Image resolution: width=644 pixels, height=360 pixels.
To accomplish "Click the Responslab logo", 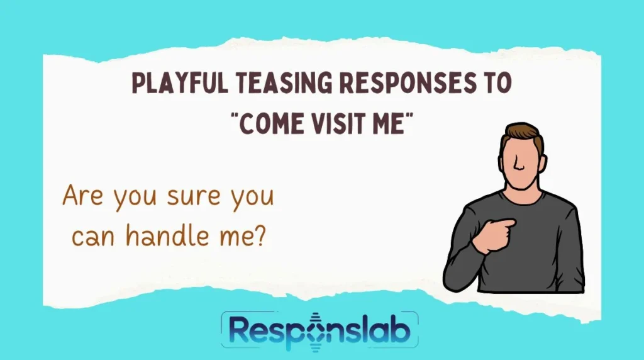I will coord(319,332).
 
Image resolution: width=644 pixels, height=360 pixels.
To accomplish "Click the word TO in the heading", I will coord(494,84).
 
